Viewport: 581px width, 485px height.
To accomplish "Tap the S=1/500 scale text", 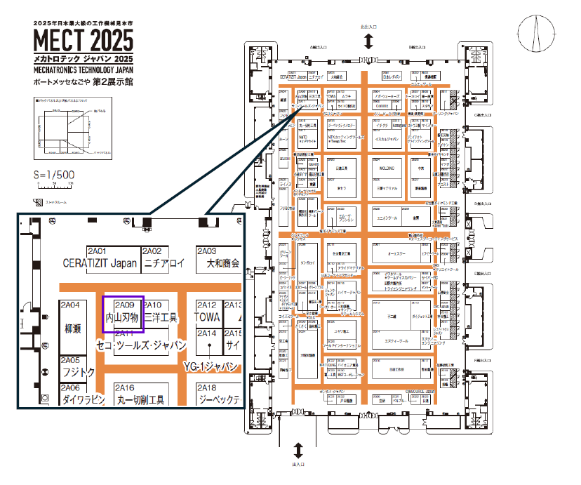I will point(55,175).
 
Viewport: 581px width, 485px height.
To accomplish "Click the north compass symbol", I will point(536,33).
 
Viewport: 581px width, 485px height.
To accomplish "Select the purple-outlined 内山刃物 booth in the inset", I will point(123,314).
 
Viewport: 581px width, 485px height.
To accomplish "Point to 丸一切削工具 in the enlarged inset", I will point(140,400).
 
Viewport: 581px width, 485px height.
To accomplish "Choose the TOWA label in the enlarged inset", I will point(207,317).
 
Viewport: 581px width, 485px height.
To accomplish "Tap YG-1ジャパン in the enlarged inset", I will point(212,366).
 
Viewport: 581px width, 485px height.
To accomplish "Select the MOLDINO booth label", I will point(387,169).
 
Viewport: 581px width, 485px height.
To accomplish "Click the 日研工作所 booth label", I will point(397,369).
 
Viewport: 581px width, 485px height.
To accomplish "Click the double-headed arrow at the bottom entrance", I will point(298,449).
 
